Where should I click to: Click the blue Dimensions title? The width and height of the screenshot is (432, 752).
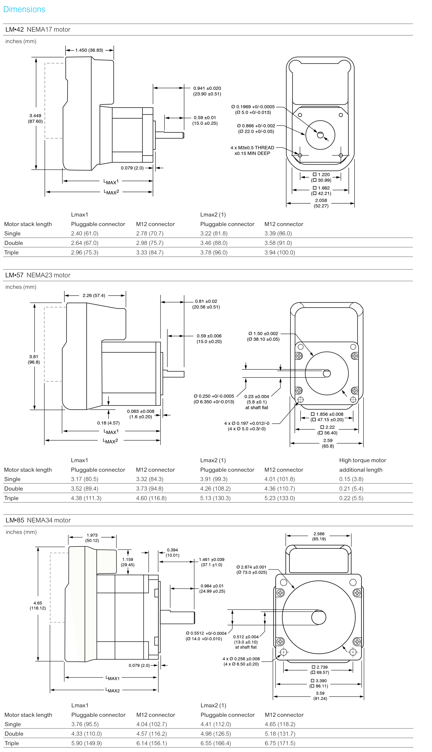tap(24, 10)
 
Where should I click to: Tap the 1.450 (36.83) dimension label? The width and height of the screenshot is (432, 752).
tap(89, 50)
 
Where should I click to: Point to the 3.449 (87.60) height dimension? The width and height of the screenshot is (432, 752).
tap(35, 118)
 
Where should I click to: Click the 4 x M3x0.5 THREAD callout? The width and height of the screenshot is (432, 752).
tap(252, 148)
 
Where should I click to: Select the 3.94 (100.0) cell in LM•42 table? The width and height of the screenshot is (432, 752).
tap(280, 252)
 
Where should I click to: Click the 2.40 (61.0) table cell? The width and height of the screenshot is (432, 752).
tap(85, 234)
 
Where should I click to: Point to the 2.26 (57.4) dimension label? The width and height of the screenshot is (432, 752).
tap(94, 295)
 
